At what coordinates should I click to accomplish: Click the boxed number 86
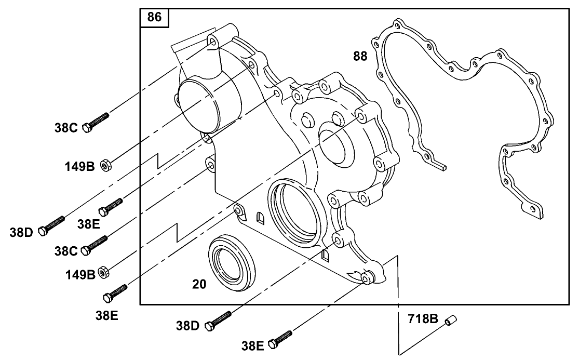tap(154, 17)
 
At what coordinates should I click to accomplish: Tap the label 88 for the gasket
tap(360, 56)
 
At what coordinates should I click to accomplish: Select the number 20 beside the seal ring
tap(199, 284)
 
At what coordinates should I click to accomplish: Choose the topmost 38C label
tap(66, 127)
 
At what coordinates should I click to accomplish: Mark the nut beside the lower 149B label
tap(103, 271)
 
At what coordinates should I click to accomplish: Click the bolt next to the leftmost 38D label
tap(52, 226)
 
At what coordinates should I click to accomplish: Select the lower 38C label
tap(66, 251)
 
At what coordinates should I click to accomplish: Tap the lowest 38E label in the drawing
tap(253, 344)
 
